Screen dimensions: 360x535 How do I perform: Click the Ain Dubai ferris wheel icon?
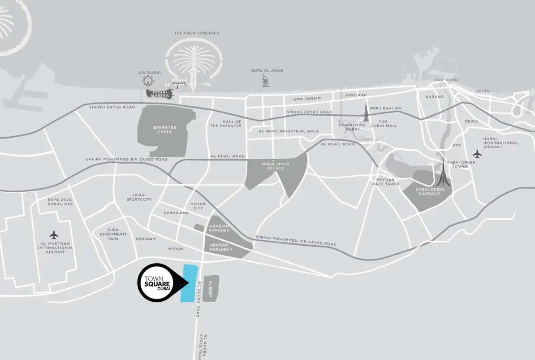pos(148,81)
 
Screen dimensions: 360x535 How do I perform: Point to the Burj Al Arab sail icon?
pos(266,81)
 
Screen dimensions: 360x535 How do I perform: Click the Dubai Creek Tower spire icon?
pos(443,173)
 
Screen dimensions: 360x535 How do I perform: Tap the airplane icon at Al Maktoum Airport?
pos(54,234)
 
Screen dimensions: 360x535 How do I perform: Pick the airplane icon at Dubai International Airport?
pos(477,154)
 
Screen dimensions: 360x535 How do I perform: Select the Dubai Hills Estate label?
pos(276,166)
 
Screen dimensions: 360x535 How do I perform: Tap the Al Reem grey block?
pos(211,287)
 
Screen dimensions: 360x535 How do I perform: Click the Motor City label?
pos(198,206)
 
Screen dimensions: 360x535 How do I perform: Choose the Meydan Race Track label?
pos(385,182)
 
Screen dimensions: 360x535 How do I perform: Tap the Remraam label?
pos(146,239)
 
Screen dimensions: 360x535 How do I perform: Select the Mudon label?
pos(176,248)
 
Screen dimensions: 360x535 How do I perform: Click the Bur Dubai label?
pos(447,80)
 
